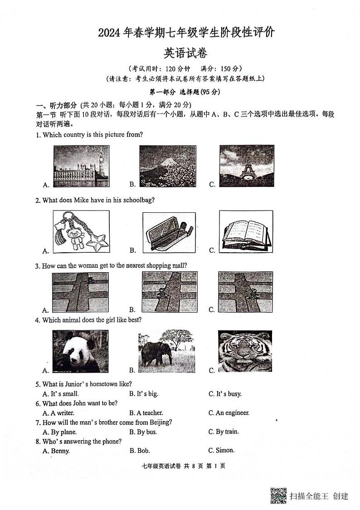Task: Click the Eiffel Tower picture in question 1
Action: [246, 166]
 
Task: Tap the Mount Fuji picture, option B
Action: [168, 166]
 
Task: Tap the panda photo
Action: [80, 351]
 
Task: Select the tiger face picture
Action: [245, 351]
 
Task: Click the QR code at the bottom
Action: [278, 495]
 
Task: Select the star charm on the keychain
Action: [99, 242]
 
